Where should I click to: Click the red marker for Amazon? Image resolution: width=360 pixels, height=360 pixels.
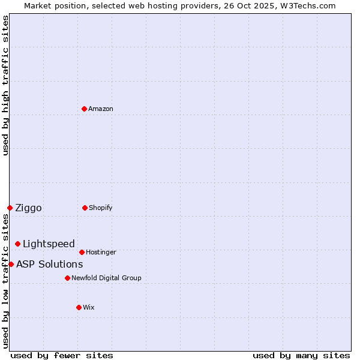click(x=85, y=109)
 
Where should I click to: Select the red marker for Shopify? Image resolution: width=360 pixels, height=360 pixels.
click(x=85, y=208)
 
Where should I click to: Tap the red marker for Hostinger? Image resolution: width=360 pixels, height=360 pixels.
click(x=82, y=252)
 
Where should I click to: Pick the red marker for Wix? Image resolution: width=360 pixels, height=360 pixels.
click(x=79, y=307)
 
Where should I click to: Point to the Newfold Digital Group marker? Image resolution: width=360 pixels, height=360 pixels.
click(x=67, y=278)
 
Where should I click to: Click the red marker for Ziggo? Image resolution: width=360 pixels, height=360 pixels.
click(x=10, y=208)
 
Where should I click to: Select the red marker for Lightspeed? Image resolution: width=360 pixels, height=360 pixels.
click(x=17, y=244)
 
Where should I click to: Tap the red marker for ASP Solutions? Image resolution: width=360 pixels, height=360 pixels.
click(x=11, y=264)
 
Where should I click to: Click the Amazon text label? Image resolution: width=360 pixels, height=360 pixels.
click(x=101, y=109)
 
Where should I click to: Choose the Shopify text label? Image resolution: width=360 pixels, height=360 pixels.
click(x=101, y=208)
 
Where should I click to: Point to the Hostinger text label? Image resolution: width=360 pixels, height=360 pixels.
click(x=101, y=252)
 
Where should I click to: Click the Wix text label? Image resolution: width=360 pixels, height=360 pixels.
click(x=89, y=307)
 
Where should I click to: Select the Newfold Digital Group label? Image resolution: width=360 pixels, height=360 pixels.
click(x=106, y=278)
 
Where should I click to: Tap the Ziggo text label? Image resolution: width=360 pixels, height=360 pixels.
click(x=28, y=208)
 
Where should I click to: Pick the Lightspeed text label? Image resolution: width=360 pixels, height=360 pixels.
click(x=49, y=244)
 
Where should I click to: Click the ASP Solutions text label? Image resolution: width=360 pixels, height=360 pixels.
click(x=49, y=264)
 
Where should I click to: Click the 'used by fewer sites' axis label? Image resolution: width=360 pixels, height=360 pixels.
click(x=62, y=355)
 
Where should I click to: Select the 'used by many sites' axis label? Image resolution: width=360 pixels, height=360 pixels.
click(x=301, y=355)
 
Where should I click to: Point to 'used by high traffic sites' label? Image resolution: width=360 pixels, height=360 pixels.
click(x=5, y=85)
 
